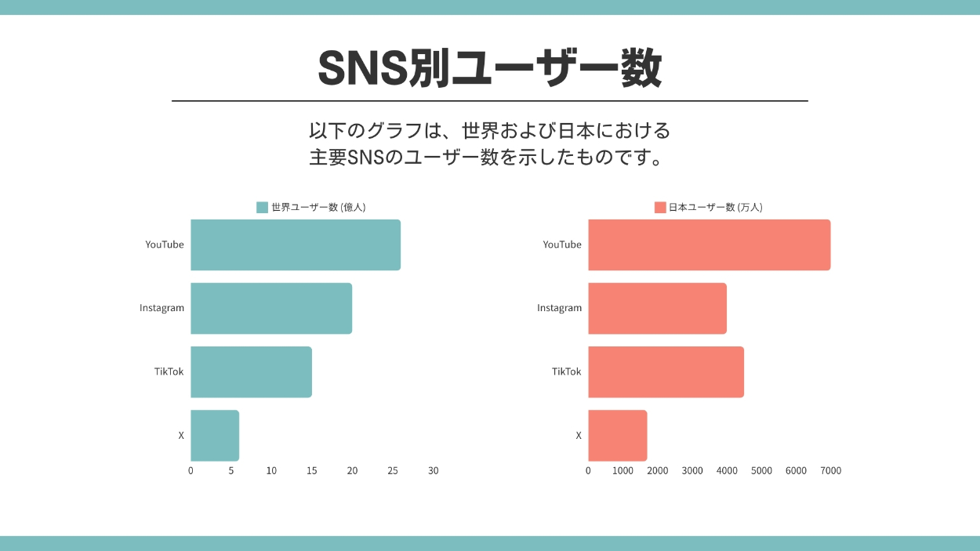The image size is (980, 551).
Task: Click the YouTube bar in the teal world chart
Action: point(295,245)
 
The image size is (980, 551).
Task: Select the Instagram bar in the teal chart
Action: point(270,308)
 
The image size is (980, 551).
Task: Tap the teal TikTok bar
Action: point(251,372)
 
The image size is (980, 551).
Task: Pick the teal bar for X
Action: point(215,435)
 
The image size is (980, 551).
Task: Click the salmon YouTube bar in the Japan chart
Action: point(709,245)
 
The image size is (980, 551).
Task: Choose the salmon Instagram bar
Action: point(657,308)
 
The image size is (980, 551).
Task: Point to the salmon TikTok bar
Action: point(666,372)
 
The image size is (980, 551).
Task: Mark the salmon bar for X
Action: point(617,435)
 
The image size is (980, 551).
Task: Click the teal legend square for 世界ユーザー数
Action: point(262,208)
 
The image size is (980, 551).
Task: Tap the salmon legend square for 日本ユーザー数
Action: point(660,208)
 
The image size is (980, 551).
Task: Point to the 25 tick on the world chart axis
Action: point(393,471)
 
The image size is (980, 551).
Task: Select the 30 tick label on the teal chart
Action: point(433,471)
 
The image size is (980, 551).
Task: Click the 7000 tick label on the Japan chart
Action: point(830,471)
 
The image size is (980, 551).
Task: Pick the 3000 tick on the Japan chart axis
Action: point(692,471)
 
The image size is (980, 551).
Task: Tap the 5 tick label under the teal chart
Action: point(231,471)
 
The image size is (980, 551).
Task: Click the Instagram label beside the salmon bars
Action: point(559,308)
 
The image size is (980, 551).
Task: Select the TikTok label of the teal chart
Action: point(169,372)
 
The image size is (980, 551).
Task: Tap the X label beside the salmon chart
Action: point(579,435)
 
